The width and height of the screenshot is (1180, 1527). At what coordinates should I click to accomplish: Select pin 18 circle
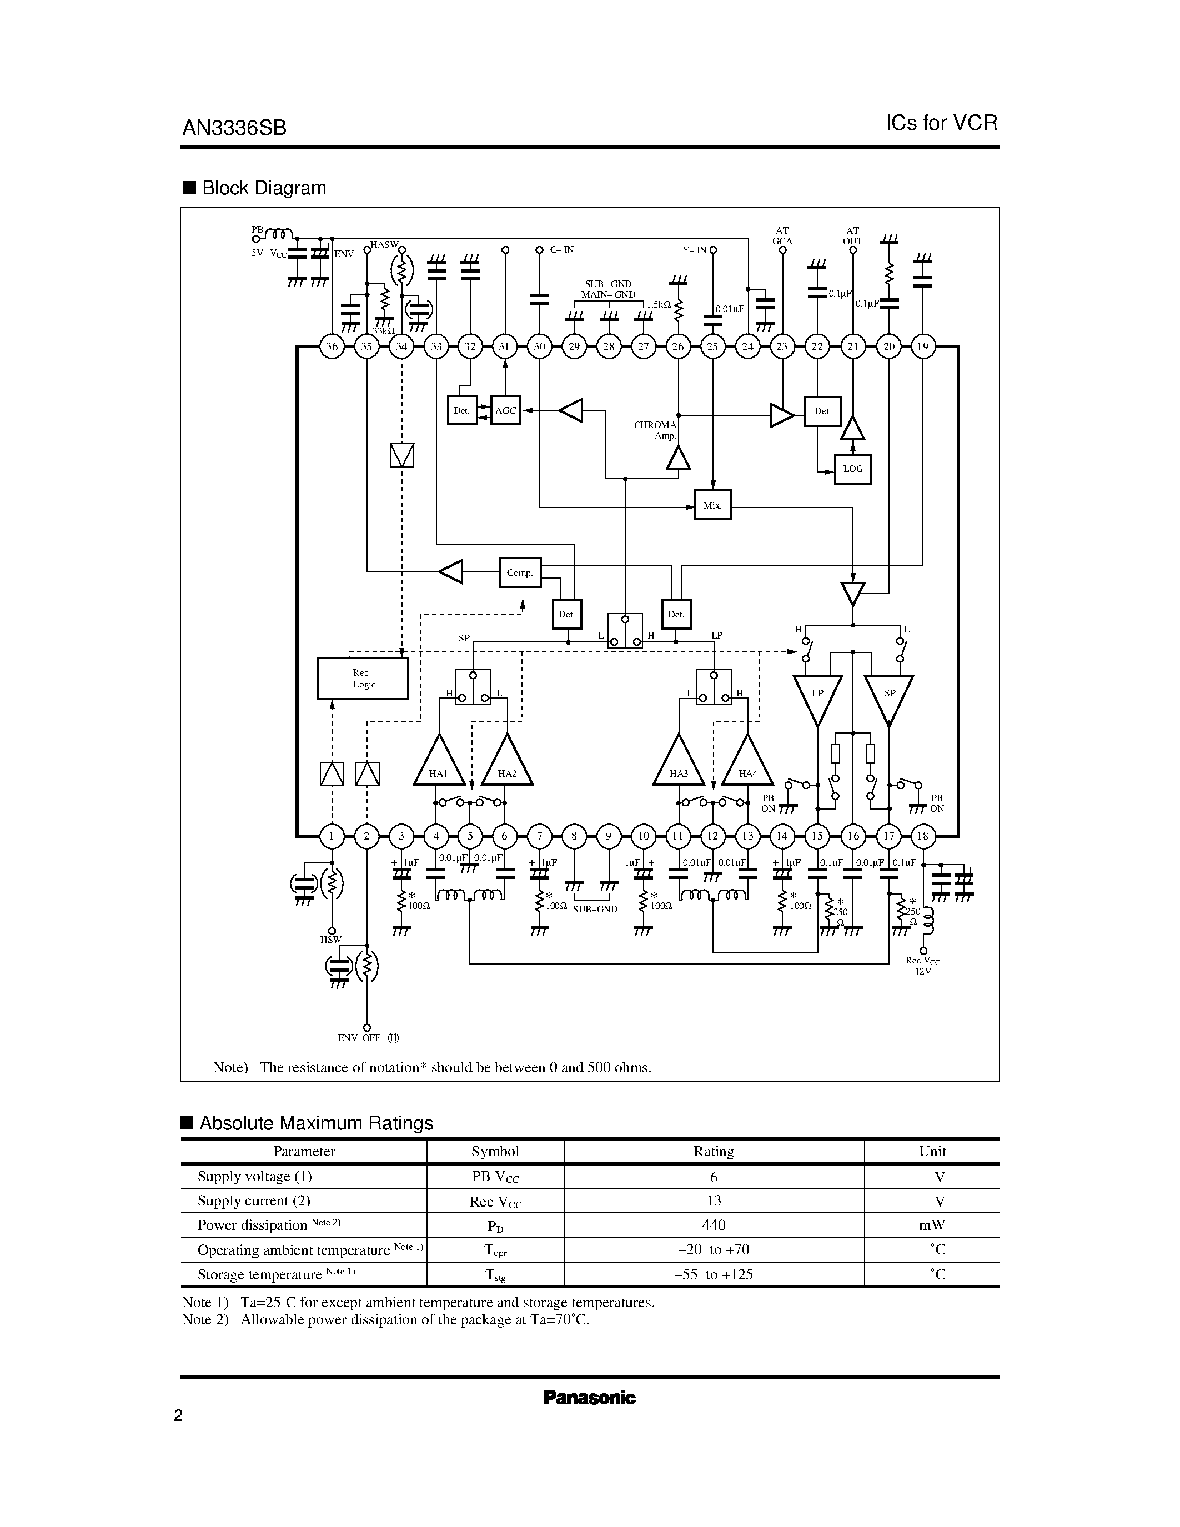point(923,836)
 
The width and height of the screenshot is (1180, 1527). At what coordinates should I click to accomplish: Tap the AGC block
point(505,410)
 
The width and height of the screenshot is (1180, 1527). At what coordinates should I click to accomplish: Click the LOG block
point(853,469)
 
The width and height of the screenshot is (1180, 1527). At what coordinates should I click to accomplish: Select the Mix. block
point(712,505)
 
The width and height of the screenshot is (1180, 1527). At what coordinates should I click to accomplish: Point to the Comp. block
point(520,572)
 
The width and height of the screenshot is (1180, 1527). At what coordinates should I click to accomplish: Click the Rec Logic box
point(363,678)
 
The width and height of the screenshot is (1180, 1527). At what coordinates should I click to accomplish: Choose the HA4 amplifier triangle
point(747,764)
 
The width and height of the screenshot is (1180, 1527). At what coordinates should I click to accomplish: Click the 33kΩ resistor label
point(383,331)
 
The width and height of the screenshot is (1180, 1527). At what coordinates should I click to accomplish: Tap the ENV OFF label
point(359,1038)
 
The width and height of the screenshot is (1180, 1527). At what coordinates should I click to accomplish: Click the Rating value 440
point(713,1225)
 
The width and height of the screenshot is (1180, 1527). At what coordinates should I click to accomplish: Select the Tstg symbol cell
point(495,1274)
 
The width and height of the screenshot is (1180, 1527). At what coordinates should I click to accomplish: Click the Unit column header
point(932,1152)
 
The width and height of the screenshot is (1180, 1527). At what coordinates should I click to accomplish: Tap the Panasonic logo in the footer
point(589,1398)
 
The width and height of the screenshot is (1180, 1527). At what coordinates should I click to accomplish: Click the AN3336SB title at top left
point(234,128)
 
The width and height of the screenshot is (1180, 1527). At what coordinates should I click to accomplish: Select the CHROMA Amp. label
point(655,430)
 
